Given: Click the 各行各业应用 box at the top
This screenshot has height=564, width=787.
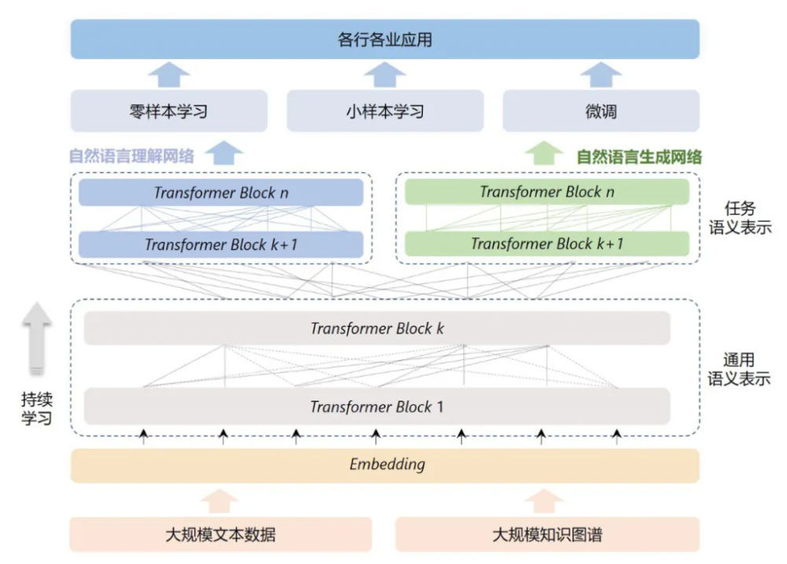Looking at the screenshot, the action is [385, 39].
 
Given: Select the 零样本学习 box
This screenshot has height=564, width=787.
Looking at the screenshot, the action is [168, 111].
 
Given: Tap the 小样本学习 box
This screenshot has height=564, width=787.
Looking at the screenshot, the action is [385, 111].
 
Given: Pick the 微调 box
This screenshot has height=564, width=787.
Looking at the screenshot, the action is [601, 111].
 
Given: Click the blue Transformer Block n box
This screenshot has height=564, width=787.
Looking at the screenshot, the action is [221, 193].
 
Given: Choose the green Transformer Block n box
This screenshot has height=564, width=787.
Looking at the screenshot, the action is [547, 191].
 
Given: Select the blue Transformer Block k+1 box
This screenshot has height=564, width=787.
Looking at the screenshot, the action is [221, 245].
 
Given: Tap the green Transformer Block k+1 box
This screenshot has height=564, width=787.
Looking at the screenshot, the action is [547, 244].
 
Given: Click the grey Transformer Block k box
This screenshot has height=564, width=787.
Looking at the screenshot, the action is [377, 329].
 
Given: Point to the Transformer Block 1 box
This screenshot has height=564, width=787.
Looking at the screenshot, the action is [377, 407].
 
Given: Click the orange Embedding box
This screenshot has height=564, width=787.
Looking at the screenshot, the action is [385, 465].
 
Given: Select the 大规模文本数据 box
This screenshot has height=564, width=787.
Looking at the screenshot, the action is [221, 534].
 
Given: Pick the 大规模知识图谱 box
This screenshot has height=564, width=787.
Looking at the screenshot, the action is [547, 534].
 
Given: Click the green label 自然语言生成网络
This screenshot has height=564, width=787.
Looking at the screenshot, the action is [639, 157].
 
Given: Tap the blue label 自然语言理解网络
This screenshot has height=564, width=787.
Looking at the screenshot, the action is [131, 157].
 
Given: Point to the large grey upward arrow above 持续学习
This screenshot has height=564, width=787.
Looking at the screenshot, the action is [37, 338].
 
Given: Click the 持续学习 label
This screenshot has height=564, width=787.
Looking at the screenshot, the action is [37, 409].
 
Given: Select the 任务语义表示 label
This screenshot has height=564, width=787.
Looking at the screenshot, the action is [741, 218].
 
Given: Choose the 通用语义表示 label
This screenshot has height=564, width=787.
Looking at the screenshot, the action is [739, 369].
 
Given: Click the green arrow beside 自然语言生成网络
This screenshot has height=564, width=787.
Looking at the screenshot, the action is [543, 153].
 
